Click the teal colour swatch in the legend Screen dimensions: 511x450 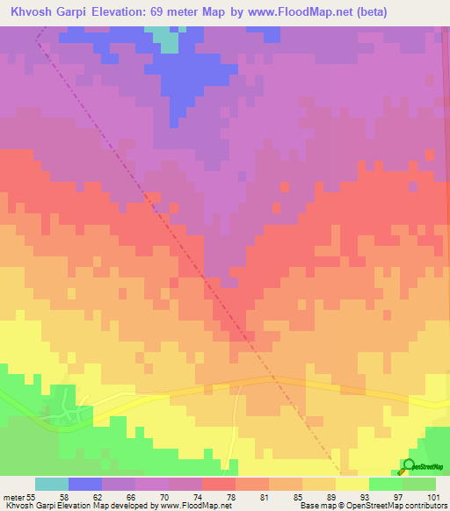pos(52,484)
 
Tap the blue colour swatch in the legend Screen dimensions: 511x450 pos(85,484)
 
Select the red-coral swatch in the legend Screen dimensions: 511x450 pos(219,484)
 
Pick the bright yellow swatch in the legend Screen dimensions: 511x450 pos(352,484)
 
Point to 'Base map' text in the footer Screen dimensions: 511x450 pos(315,506)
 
